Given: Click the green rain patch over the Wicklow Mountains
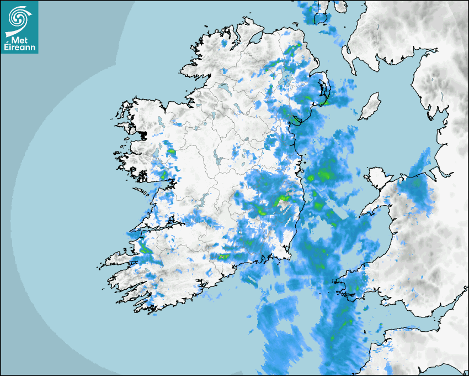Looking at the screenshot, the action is point(285,197).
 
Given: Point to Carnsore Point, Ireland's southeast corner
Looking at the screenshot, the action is point(290,256).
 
